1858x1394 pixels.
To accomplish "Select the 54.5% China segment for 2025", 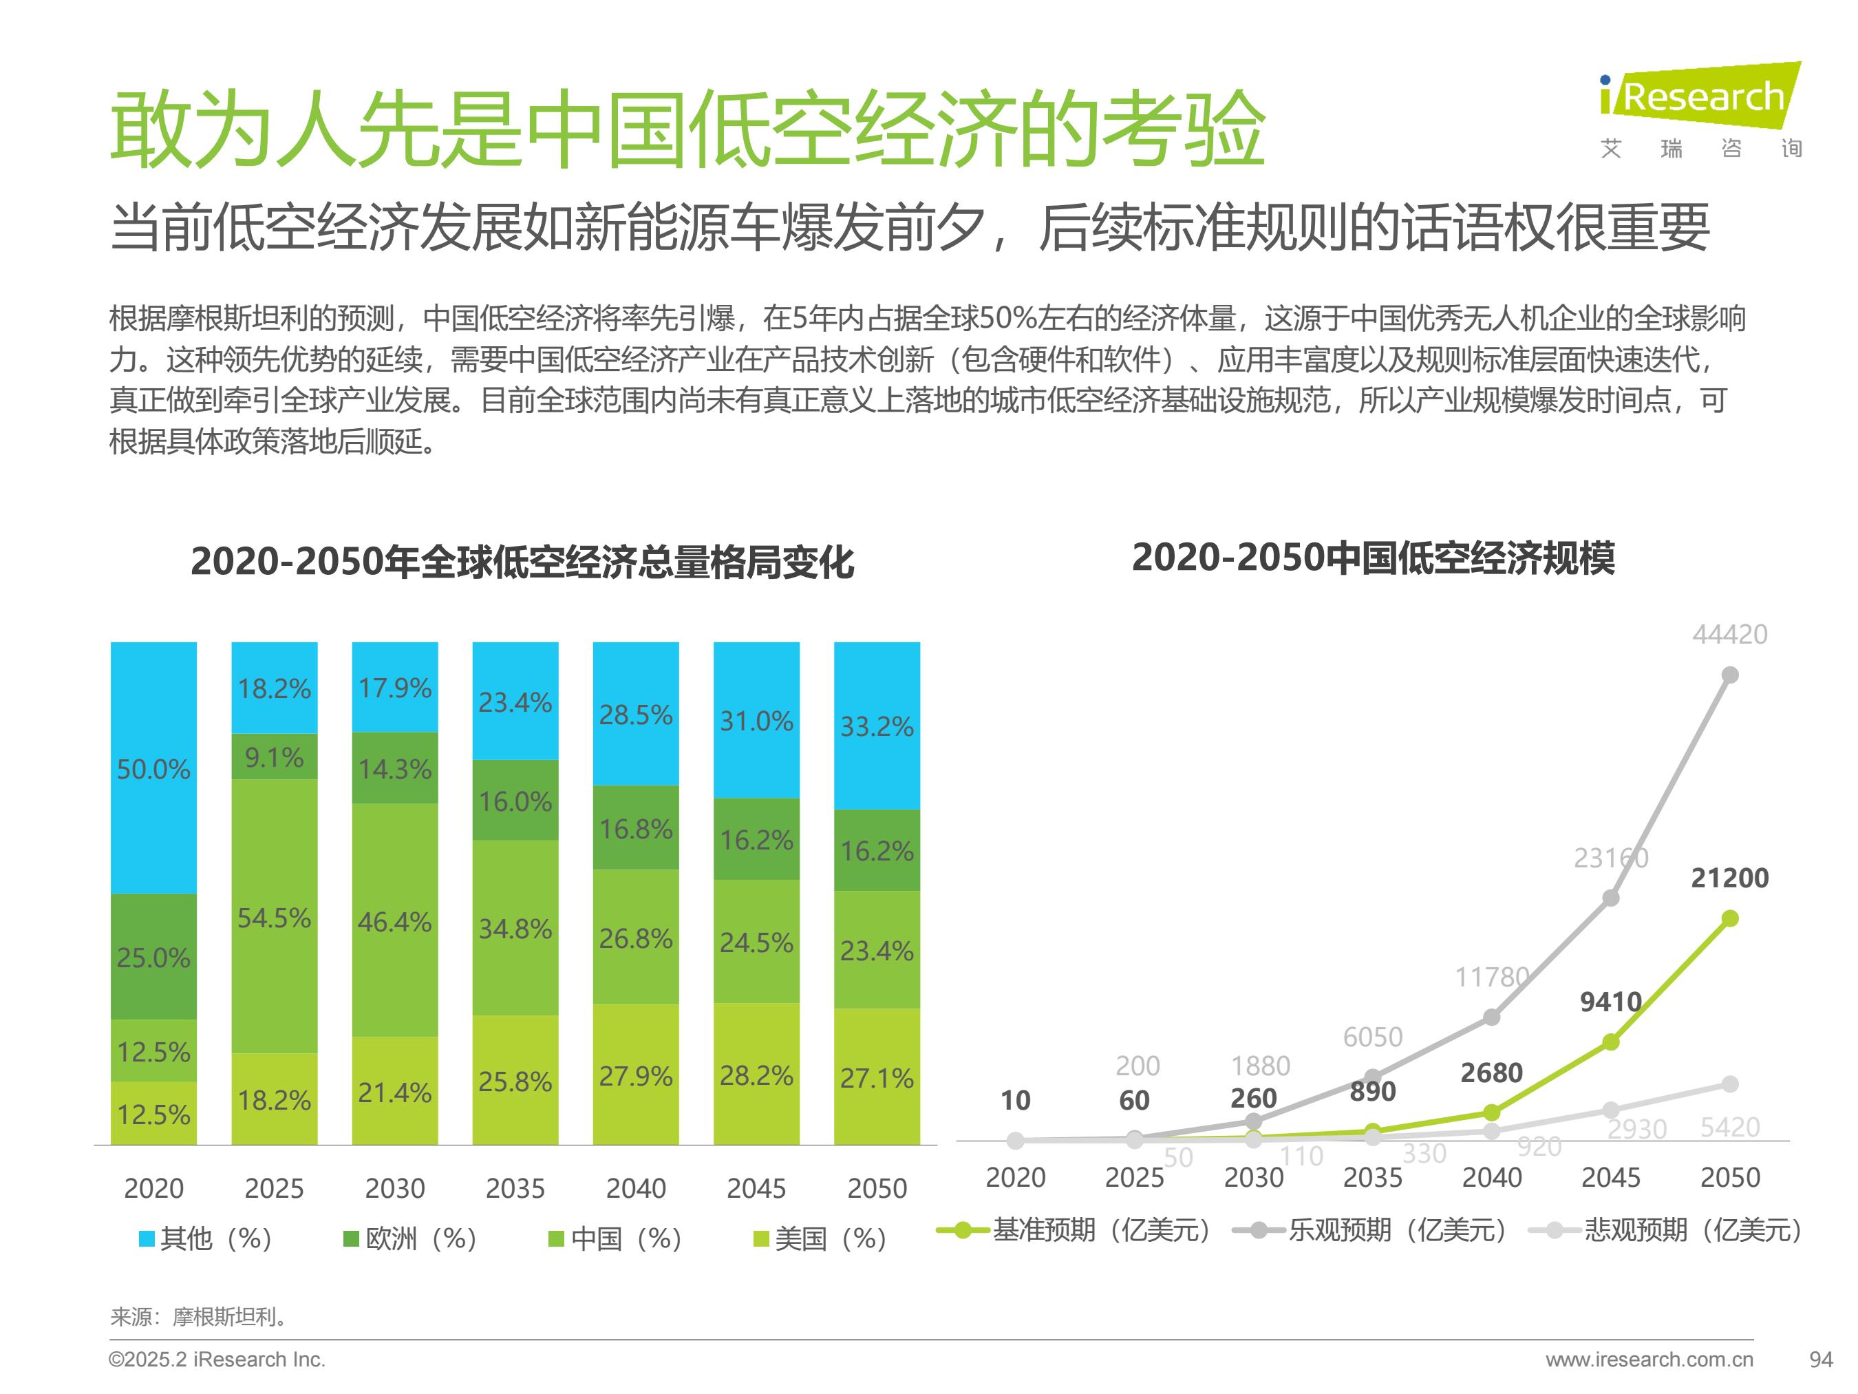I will [x=274, y=917].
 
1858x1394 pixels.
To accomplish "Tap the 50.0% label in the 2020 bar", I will [x=153, y=769].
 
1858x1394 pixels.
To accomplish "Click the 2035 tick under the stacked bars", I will [x=515, y=1188].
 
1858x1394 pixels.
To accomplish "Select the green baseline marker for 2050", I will [x=1730, y=918].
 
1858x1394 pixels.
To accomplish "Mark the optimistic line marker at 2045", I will [x=1611, y=898].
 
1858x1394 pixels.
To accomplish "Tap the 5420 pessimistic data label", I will [x=1729, y=1127].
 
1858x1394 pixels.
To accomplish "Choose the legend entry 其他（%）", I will [x=206, y=1238].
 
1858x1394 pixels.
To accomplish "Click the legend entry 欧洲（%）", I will [x=411, y=1238].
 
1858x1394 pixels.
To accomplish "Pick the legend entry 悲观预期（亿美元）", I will [x=1665, y=1230].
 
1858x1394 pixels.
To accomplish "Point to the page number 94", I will [x=1820, y=1360].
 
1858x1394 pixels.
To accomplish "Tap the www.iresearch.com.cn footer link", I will [x=1649, y=1360].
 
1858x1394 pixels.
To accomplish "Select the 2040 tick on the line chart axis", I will [x=1492, y=1177].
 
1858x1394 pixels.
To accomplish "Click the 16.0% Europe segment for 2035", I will [x=515, y=801].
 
